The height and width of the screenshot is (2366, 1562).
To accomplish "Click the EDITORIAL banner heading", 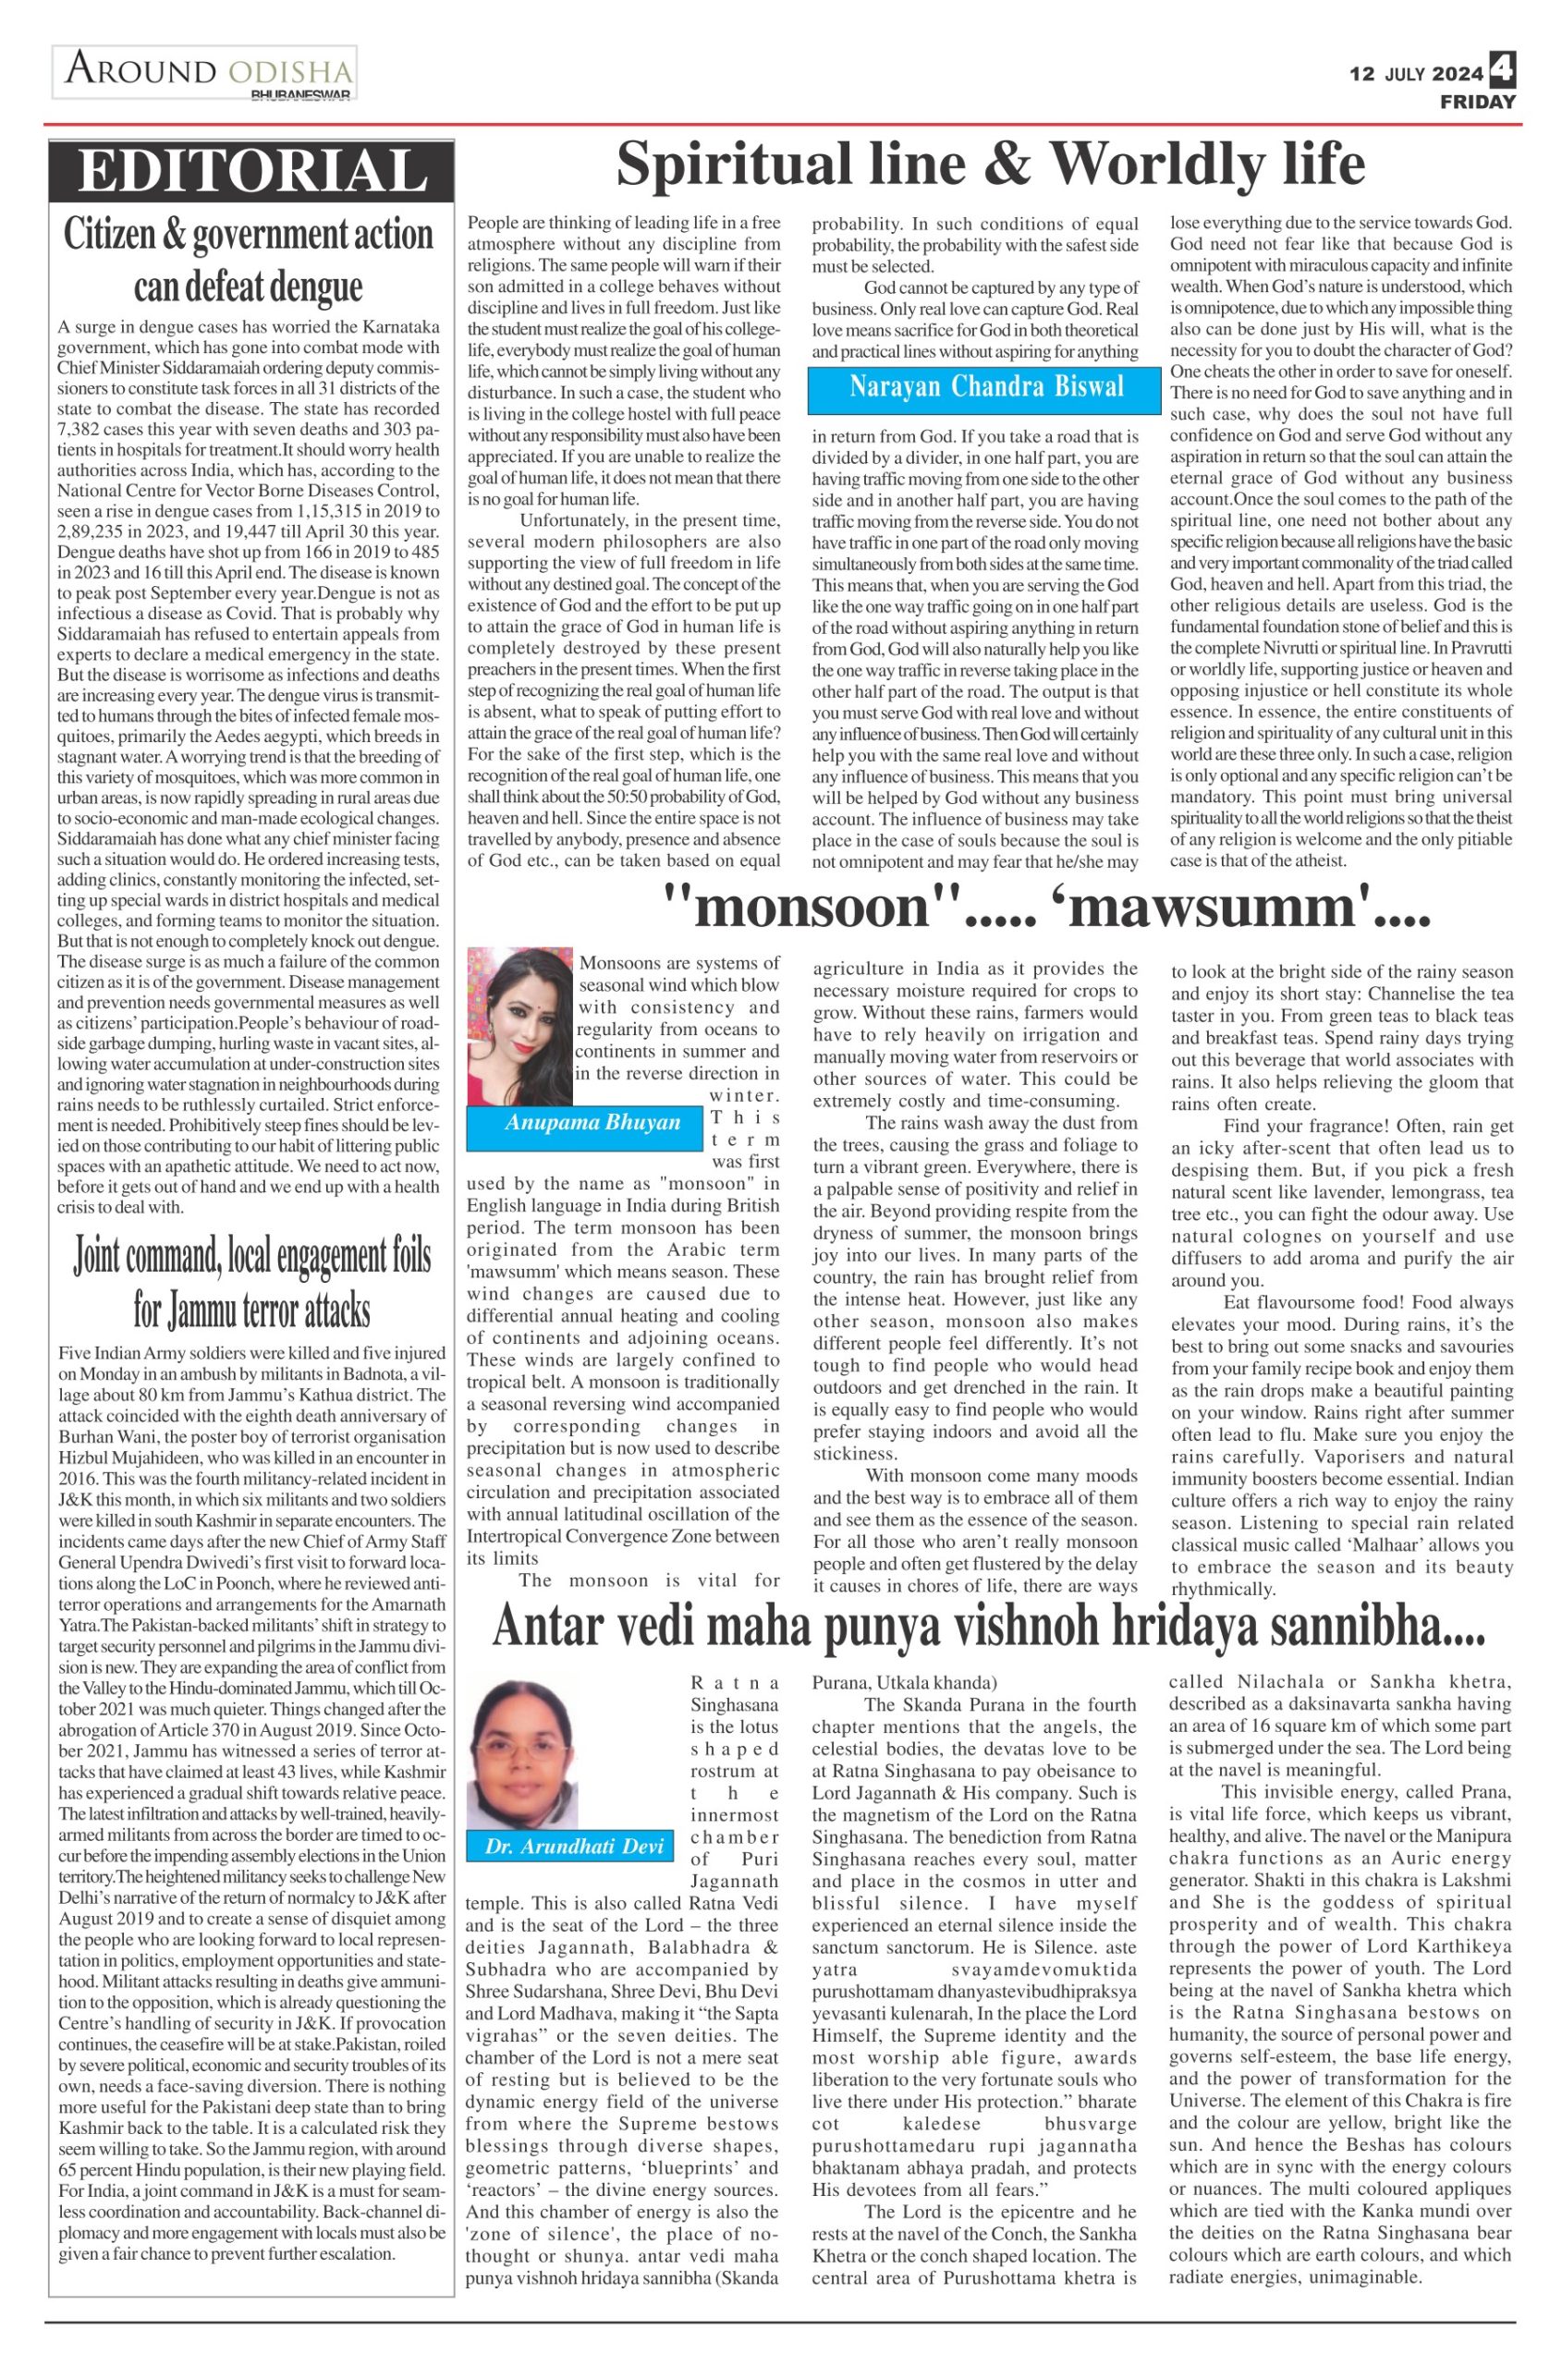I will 251,170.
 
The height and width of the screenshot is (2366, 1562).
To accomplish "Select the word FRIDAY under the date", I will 1477,102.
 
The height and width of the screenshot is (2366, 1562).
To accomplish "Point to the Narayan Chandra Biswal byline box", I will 986,387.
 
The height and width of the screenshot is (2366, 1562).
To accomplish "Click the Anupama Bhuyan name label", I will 592,1123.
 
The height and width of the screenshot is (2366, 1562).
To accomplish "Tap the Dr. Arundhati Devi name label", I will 574,1845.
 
